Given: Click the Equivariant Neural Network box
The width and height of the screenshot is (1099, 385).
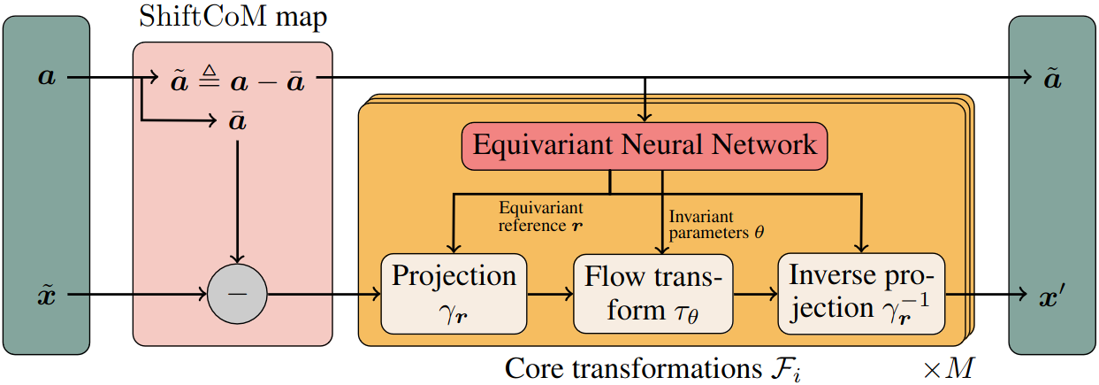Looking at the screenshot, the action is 645,146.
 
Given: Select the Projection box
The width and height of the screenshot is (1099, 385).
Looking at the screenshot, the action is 454,294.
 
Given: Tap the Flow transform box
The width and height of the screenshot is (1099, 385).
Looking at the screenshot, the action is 653,294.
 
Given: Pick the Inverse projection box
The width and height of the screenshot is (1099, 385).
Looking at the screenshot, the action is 861,294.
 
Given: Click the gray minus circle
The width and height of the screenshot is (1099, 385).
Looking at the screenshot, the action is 238,294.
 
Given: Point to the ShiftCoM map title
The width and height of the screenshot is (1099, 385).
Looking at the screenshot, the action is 233,17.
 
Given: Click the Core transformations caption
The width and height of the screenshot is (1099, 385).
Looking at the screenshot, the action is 653,369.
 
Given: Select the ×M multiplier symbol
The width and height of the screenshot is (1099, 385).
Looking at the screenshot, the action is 949,368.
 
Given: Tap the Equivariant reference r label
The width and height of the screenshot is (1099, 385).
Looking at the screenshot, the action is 541,217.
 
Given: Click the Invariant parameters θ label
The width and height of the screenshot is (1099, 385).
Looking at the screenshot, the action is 716,225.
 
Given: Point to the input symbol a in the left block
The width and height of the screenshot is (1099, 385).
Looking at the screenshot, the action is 47,77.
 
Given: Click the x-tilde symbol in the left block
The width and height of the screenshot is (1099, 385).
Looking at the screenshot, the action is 47,295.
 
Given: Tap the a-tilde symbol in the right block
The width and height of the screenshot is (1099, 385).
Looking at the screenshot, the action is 1053,79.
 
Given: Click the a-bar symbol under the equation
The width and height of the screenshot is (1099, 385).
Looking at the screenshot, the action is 238,120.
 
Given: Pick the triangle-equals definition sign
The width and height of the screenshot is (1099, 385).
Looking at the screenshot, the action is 210,76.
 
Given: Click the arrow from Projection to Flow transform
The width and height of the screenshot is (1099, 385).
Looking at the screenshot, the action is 550,294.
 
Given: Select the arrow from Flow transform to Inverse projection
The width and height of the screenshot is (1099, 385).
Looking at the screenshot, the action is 756,294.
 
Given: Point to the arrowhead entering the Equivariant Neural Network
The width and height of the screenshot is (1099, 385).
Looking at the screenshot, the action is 645,117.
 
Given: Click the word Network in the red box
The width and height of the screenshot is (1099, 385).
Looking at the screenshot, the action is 764,145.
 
